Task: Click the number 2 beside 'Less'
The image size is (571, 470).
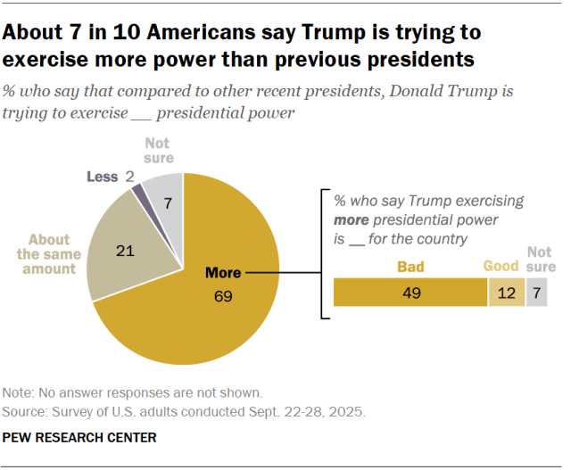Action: click(129, 177)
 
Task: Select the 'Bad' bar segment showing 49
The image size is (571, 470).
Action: click(410, 293)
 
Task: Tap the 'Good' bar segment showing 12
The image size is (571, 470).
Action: click(505, 293)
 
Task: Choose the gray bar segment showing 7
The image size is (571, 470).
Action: click(536, 293)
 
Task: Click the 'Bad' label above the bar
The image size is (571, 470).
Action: click(410, 266)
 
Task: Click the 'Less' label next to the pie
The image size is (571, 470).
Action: click(102, 177)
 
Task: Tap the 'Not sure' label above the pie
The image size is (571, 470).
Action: click(158, 151)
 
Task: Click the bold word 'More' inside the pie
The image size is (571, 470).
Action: click(223, 273)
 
